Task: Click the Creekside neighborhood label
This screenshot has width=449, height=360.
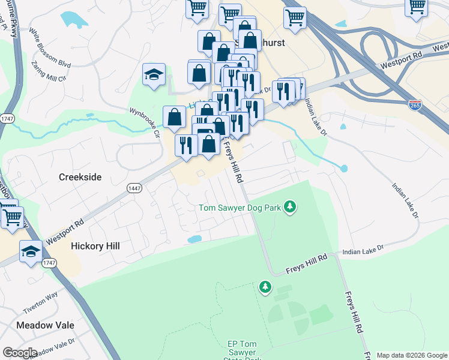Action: coord(80,177)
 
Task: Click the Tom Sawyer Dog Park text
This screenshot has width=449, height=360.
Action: coord(241,208)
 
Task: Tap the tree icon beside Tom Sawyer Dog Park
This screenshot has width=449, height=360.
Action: coord(291,208)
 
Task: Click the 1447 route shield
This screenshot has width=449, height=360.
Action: coord(134,188)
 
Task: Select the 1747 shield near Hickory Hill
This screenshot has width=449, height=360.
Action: coord(50,263)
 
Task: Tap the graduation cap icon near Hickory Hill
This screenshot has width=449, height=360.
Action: coord(31,251)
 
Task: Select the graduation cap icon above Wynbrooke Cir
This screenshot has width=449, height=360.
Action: coord(154,75)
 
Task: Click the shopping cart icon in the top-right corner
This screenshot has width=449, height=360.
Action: coord(416,7)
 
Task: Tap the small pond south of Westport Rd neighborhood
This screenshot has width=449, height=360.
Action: coord(194,239)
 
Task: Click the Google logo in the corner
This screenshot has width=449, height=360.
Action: coord(20,353)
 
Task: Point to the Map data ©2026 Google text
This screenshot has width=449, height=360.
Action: coord(412,355)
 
